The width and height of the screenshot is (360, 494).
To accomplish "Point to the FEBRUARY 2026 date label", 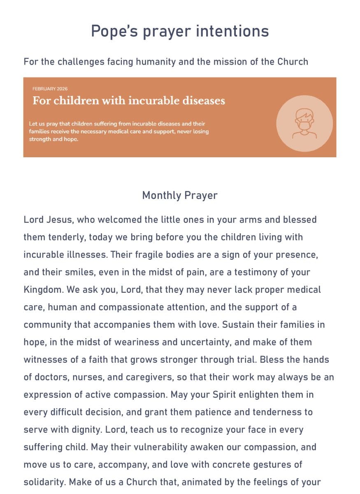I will pos(50,89).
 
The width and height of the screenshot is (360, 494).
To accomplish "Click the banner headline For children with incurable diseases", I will pos(129,101).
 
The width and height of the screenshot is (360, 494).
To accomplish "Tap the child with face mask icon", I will pos(304,123).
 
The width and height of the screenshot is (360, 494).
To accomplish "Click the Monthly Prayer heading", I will pos(180,195).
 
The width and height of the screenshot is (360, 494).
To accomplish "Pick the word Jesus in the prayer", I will pos(59,219).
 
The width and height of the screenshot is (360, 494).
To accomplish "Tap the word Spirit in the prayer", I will pos(227,394).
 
